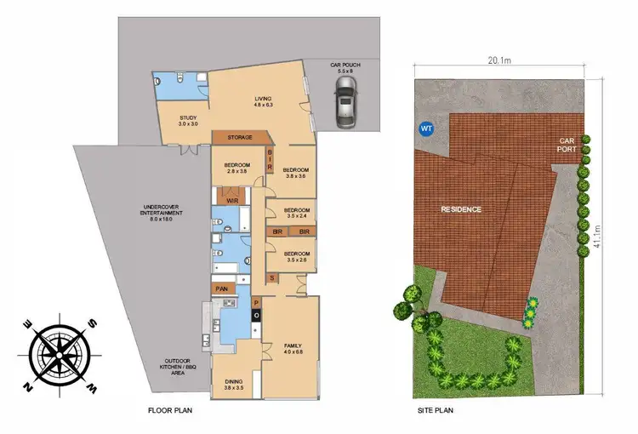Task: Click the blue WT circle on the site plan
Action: pos(425,128)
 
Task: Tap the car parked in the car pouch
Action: pos(345,109)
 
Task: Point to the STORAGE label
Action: pos(241,137)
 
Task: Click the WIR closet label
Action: pos(233,200)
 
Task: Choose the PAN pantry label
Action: pos(223,289)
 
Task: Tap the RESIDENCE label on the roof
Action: pos(461,208)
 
